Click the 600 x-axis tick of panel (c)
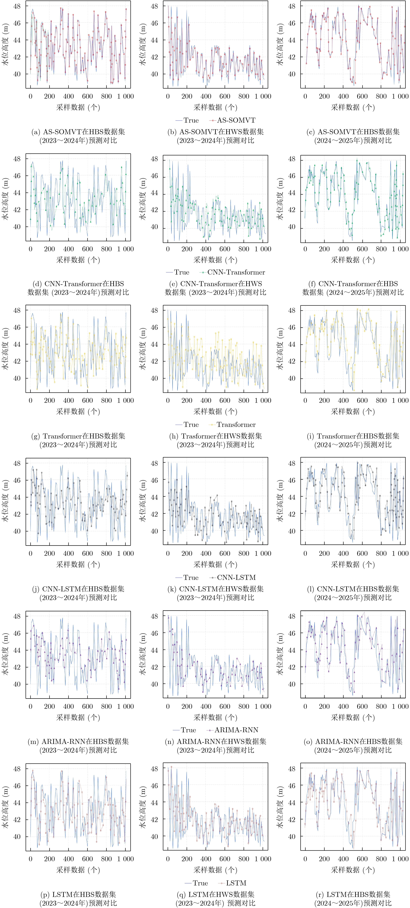coord(362,96)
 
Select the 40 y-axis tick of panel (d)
coord(17,227)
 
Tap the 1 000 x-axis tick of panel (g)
coord(125,400)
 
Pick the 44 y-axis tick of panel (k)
coord(154,497)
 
